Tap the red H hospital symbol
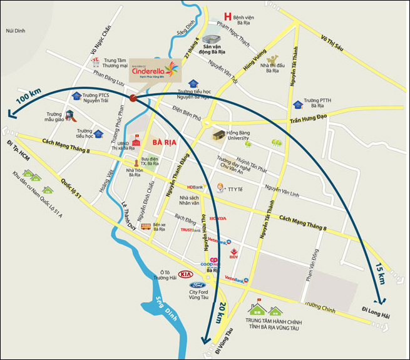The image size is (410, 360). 228,17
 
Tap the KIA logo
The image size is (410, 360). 185,274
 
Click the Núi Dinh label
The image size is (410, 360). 13,31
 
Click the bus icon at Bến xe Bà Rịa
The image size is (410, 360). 146,227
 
